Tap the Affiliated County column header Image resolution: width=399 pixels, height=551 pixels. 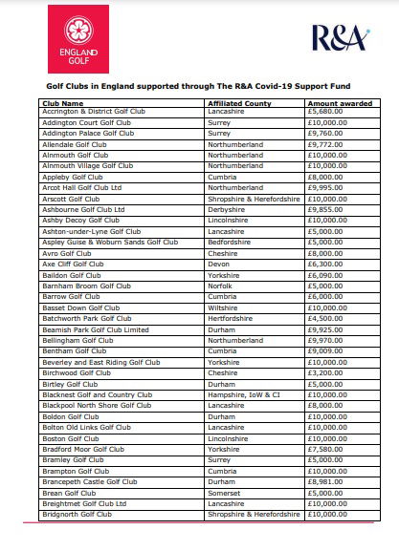tap(240, 103)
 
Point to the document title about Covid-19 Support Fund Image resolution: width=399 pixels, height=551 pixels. tap(199, 85)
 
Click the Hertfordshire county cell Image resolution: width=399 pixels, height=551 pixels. tap(231, 319)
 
